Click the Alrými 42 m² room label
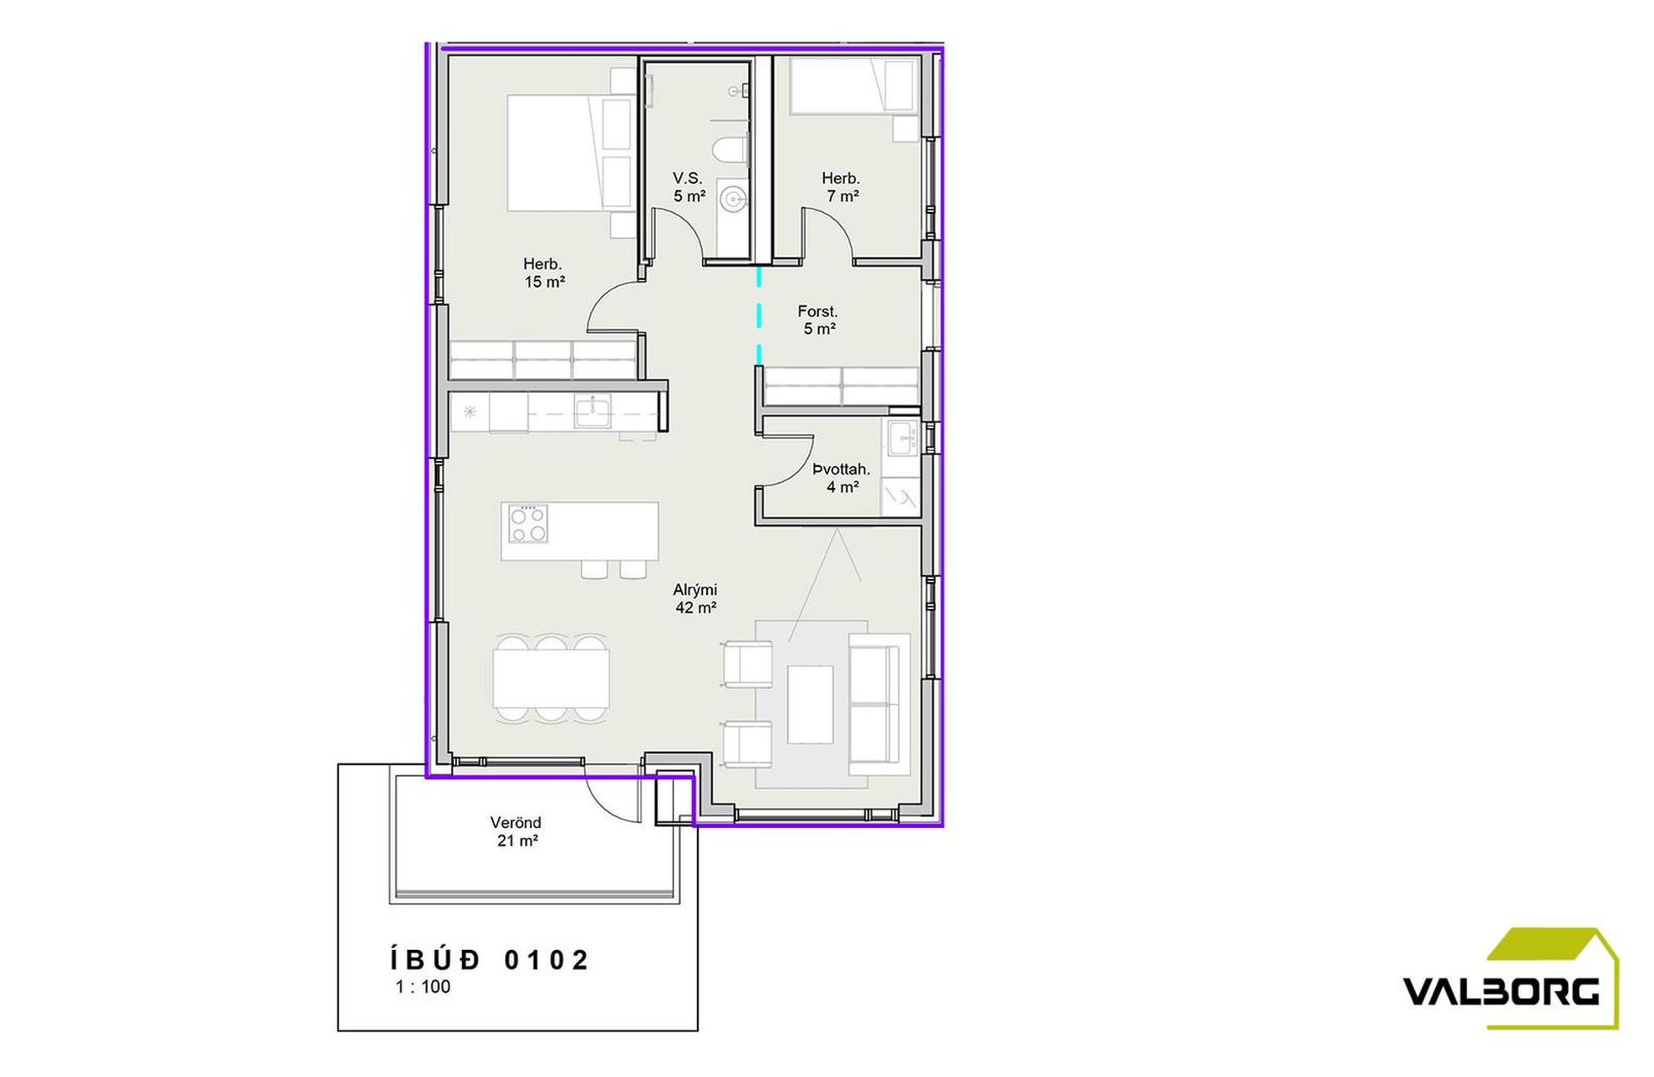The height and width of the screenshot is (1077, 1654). (695, 599)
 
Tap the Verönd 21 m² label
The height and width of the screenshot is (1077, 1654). (516, 831)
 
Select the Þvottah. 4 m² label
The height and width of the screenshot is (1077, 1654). (841, 478)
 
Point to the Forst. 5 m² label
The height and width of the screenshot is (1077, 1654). (818, 321)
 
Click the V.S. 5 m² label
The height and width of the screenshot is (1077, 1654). (689, 187)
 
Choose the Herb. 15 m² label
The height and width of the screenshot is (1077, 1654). (544, 273)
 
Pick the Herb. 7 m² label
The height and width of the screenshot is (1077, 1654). (842, 187)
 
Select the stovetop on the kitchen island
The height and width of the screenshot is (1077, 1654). (529, 523)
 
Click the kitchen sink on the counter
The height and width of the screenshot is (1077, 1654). (593, 412)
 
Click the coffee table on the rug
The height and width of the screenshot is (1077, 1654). (811, 704)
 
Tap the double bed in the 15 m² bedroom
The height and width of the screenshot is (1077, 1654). (571, 152)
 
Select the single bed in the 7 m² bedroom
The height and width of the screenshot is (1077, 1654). (853, 86)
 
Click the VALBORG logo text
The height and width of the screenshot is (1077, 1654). (1501, 991)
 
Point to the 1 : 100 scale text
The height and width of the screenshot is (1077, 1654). (423, 987)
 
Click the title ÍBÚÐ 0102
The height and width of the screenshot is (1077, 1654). (490, 959)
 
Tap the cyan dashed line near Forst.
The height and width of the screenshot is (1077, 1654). (758, 316)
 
